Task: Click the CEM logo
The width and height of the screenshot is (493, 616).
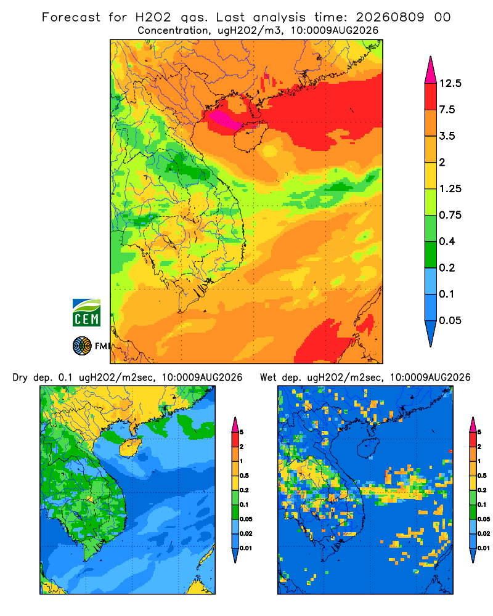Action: click(x=86, y=312)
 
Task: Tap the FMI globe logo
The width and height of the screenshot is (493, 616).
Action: click(x=82, y=346)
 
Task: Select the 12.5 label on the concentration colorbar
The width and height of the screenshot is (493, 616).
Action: click(x=450, y=83)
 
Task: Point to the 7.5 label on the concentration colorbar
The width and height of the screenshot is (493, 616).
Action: click(x=447, y=110)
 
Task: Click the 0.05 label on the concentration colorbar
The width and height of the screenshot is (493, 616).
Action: click(x=450, y=320)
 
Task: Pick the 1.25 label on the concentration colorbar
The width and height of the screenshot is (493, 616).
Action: click(x=450, y=189)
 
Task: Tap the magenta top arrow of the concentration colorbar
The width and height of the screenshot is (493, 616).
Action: click(x=431, y=70)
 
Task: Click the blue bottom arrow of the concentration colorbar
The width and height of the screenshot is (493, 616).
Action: click(x=431, y=334)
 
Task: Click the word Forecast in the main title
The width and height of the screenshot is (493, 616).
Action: click(x=71, y=17)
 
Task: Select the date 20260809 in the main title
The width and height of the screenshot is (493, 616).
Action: click(x=390, y=17)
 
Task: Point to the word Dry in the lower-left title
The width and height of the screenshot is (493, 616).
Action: click(x=20, y=378)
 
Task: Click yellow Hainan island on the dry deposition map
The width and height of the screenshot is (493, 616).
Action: click(x=131, y=448)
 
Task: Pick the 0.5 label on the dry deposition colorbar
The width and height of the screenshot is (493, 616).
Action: click(x=244, y=476)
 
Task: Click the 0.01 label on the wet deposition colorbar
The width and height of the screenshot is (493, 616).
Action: click(x=484, y=548)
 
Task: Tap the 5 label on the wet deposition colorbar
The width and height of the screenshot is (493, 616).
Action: click(x=479, y=432)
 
